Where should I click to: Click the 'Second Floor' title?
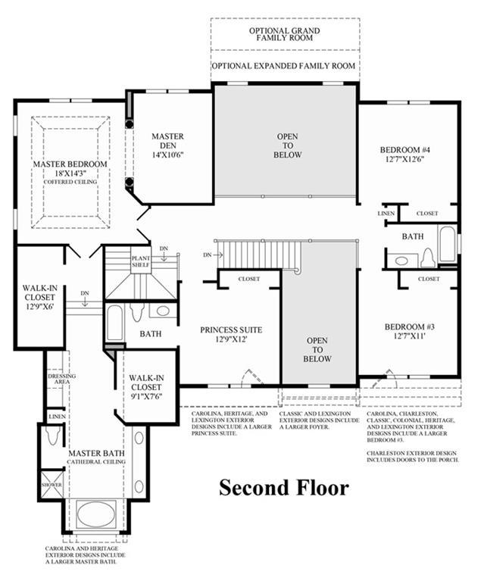click(x=284, y=488)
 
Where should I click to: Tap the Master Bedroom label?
click(x=70, y=164)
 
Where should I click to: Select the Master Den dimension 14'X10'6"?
click(x=168, y=155)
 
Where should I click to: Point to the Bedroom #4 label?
click(x=404, y=150)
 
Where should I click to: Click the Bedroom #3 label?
click(x=410, y=326)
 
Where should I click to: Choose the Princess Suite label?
click(x=231, y=330)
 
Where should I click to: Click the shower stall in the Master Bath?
click(x=52, y=485)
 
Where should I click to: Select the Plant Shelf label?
click(x=141, y=261)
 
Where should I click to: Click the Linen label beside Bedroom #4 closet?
click(x=386, y=214)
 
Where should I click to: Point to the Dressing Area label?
click(x=62, y=379)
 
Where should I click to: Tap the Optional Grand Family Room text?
click(x=284, y=34)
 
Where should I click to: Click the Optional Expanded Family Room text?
click(x=283, y=66)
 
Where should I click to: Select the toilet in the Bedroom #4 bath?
click(x=427, y=257)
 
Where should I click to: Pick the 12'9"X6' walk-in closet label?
click(x=39, y=297)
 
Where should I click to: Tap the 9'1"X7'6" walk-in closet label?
click(x=146, y=387)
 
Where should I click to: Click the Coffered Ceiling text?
click(x=70, y=182)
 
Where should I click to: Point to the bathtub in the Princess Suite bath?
click(x=114, y=323)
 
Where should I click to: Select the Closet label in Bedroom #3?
click(x=429, y=279)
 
